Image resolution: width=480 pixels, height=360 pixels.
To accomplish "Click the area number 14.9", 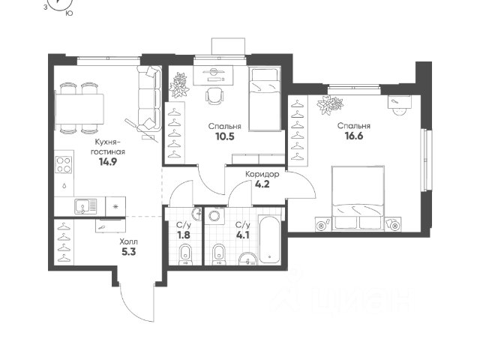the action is coord(108,162).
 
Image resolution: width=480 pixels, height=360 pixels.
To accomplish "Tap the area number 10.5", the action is coord(225,136).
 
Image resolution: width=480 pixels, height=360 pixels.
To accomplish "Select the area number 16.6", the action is coord(354,136).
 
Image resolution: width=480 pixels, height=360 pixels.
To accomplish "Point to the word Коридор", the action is coord(262,175).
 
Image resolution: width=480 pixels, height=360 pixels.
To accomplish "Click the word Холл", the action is coord(128,241).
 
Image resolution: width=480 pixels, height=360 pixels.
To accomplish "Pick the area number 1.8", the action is coord(183,235).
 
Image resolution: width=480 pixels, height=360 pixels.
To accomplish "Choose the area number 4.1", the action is coord(243,235).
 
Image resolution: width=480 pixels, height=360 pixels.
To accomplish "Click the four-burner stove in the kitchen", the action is coord(64,165).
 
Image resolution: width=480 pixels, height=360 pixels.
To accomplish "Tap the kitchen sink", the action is coord(85,207).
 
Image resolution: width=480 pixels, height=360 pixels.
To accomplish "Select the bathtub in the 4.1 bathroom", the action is coord(270,240).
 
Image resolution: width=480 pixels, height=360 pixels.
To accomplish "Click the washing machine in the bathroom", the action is coord(215,216).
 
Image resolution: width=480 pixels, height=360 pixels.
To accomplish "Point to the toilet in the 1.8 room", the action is coord(185,254).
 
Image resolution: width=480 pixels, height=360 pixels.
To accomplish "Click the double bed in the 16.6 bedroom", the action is coord(358,197).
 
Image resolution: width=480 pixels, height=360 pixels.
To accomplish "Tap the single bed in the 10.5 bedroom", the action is coord(265,99).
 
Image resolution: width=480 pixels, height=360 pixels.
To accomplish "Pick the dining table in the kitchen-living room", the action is coord(79,109).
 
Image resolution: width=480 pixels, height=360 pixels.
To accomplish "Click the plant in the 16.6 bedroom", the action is coord(330,105).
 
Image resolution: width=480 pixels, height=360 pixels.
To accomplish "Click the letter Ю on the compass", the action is coord(70,13).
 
